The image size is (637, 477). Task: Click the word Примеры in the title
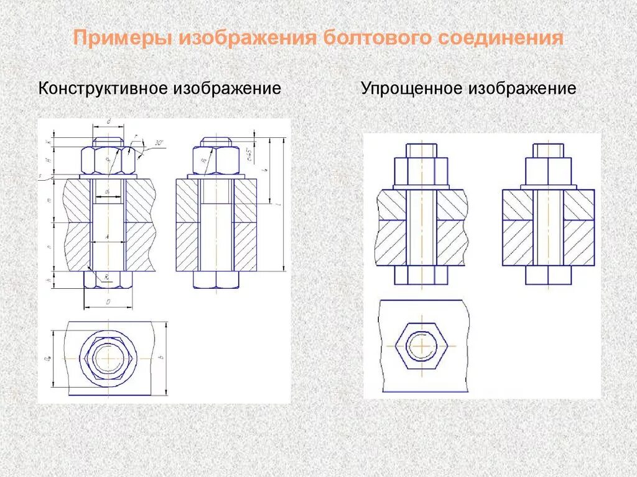122,38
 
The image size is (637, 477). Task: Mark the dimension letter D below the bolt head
108,302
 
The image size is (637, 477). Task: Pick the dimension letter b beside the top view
160,358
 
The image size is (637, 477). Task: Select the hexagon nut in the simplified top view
421,345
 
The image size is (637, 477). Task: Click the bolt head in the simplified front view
421,276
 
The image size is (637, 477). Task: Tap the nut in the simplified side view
548,171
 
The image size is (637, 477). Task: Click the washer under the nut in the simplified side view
548,187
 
